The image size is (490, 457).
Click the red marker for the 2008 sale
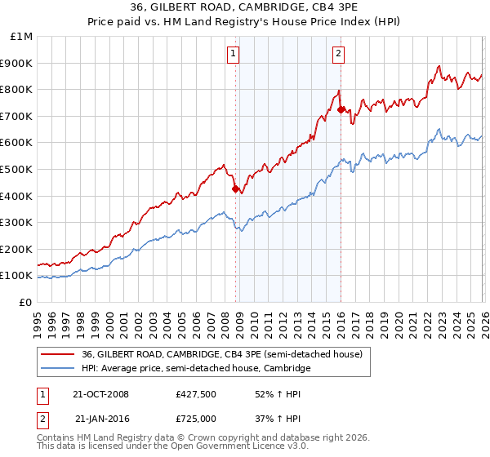(x=236, y=189)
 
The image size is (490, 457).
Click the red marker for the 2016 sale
(x=341, y=109)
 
